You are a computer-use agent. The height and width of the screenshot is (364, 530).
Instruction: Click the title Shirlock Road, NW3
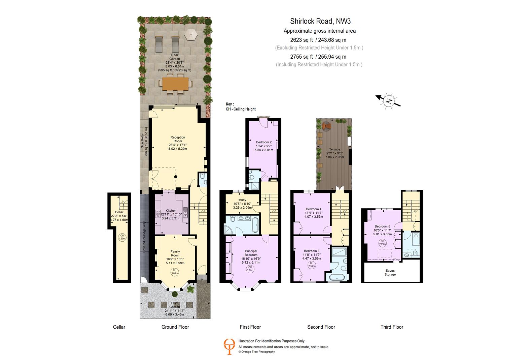[320, 21]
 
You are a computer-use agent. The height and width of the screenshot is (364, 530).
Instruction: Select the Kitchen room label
[171, 211]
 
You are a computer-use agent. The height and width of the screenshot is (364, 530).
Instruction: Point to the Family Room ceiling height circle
[175, 272]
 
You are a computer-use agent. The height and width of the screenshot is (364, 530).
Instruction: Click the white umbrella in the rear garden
[191, 34]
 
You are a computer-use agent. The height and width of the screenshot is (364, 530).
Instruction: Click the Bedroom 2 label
[263, 142]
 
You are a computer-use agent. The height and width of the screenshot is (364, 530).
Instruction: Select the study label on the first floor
[242, 200]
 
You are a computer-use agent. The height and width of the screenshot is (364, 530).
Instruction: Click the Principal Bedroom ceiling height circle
[250, 269]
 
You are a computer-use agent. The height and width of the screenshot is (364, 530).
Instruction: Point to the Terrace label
[334, 149]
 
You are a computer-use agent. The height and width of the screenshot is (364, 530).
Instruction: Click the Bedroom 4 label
[313, 209]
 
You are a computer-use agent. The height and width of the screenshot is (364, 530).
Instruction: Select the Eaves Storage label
[390, 272]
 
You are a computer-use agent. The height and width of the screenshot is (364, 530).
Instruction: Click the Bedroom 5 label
[382, 226]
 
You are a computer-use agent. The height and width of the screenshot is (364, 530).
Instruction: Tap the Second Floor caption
[321, 327]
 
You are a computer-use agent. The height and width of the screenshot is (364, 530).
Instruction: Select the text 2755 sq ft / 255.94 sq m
[318, 57]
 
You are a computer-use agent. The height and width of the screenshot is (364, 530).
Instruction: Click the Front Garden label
[175, 305]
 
